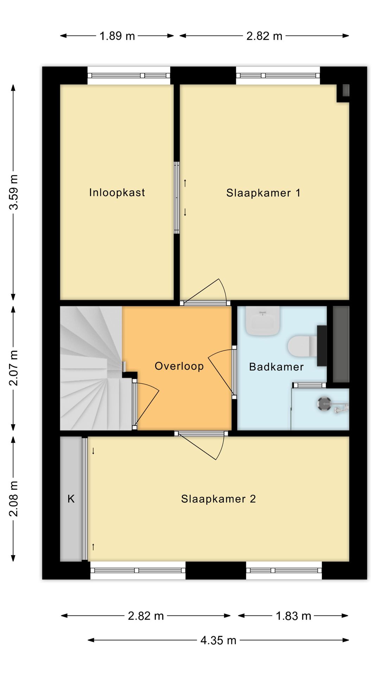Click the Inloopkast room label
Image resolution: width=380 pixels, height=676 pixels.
tap(117, 193)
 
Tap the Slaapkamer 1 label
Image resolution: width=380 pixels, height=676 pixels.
tap(263, 193)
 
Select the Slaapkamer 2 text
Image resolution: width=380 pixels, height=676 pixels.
tap(218, 499)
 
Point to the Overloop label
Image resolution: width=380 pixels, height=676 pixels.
tap(179, 366)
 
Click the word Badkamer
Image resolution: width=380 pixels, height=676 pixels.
tap(276, 367)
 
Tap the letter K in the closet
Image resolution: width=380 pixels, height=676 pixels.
tap(71, 499)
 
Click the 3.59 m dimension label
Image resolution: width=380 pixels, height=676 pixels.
tap(13, 192)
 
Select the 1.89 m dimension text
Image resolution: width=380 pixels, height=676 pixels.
tap(117, 36)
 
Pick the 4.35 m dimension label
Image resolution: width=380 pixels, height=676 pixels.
tap(218, 640)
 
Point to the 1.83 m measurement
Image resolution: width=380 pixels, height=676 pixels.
tap(293, 616)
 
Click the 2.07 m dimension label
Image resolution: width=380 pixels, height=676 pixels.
tap(13, 368)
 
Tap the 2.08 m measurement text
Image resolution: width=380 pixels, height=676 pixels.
tap(13, 499)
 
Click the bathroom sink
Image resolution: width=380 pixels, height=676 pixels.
tap(262, 321)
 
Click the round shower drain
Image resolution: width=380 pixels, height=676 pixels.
tap(324, 403)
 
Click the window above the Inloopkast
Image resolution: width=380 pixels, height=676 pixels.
tap(129, 75)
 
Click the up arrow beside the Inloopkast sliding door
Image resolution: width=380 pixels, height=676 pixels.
tap(185, 183)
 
